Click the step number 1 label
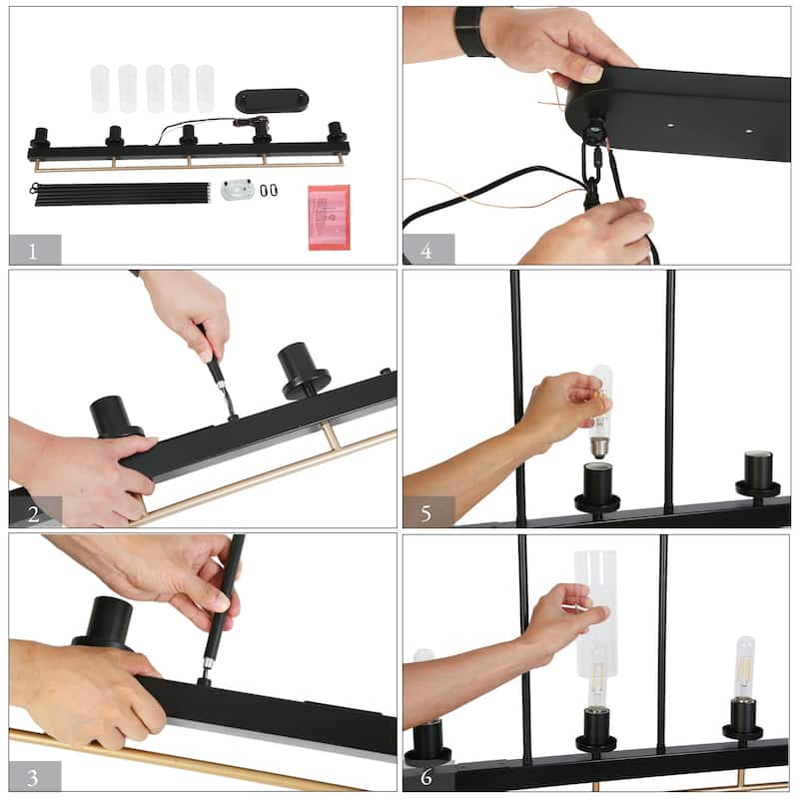point(33,252)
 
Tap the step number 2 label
point(34,514)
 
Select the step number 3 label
point(33,778)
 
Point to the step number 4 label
point(426,251)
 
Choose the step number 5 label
point(426,513)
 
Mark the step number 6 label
point(426,777)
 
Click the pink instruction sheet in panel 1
point(330,218)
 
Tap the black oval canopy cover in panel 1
point(272,101)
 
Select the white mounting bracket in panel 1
point(238,190)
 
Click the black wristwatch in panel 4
point(473,32)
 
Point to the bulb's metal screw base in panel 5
point(600,448)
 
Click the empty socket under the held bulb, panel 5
point(597,487)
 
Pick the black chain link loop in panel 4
point(592,168)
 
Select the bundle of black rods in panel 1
point(121,194)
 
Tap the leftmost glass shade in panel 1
point(100,89)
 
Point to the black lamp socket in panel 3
point(105,624)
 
